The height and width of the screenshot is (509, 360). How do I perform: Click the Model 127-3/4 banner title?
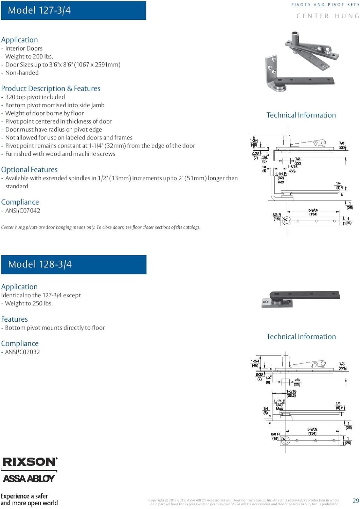tap(39, 10)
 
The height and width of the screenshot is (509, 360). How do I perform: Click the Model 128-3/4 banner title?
tap(40, 264)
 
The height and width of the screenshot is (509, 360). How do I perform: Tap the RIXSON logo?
tap(30, 462)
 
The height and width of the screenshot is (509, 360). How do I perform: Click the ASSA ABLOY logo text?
tap(29, 478)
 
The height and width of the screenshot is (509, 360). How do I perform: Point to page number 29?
tap(356, 501)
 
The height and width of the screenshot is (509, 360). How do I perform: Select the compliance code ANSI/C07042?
tap(22, 211)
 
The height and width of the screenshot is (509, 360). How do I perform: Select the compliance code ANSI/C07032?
tap(22, 352)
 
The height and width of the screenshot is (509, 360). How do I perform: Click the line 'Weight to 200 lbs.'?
tap(29, 57)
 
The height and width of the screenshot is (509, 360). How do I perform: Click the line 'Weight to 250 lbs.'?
tap(29, 303)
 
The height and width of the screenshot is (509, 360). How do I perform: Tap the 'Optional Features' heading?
tap(30, 170)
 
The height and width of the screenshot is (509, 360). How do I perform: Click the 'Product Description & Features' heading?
tap(51, 89)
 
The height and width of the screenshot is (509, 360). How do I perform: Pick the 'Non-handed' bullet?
tap(22, 73)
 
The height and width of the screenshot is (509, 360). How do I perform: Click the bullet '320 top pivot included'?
tap(35, 97)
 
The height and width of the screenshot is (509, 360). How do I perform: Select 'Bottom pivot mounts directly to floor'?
tap(55, 328)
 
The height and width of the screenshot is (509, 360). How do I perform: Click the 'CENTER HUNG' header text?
tap(327, 16)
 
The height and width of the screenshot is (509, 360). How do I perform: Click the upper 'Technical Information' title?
tap(301, 115)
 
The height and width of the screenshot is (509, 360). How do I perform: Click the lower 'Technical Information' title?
tap(301, 337)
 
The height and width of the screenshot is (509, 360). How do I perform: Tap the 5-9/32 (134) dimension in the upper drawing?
tap(313, 212)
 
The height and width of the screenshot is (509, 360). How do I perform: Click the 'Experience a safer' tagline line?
tap(24, 496)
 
